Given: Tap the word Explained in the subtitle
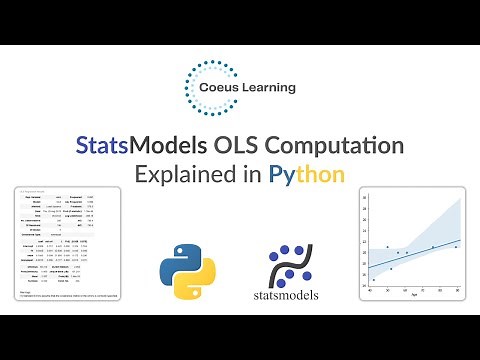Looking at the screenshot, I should point(191,176).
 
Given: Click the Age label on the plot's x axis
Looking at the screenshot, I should point(414,296).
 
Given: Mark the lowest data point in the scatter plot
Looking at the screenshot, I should point(374,279).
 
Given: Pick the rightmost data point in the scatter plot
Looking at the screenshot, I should point(455,247).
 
